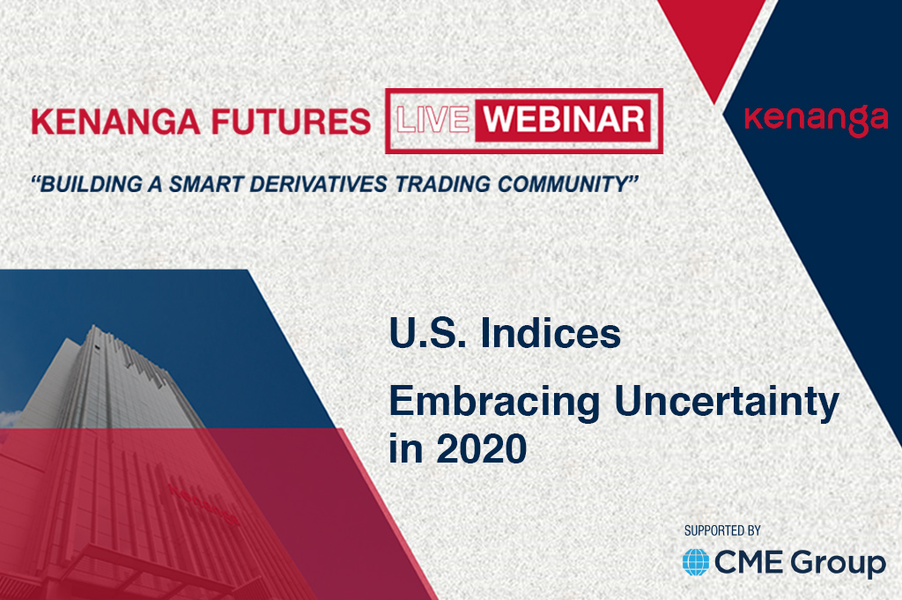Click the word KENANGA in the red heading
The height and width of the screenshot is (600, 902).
115,122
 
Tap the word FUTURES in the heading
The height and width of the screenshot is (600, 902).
291,122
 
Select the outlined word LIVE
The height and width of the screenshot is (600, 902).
433,120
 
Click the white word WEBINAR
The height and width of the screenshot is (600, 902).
564,120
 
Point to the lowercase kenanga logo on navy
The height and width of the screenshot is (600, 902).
816,120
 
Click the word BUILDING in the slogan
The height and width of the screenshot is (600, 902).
91,184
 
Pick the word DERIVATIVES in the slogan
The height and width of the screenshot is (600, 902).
318,184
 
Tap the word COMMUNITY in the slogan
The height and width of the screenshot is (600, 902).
562,184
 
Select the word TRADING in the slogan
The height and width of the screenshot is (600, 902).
443,184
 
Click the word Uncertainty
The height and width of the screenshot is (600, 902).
727,402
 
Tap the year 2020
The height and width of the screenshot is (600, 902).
482,448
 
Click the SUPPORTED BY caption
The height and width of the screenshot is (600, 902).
722,530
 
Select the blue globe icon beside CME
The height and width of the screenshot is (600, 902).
696,562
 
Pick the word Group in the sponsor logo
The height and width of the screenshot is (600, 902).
839,564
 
